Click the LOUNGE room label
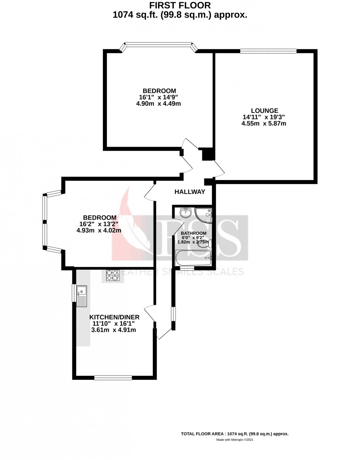click(x=264, y=111)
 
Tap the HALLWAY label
click(x=190, y=192)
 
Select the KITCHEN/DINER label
click(x=114, y=317)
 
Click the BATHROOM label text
click(x=194, y=233)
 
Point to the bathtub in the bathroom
click(x=194, y=258)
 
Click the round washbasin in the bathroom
click(x=185, y=212)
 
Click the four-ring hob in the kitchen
click(x=113, y=275)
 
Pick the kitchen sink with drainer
click(x=82, y=296)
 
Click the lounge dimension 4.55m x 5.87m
click(x=263, y=124)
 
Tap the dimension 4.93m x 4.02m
click(x=99, y=230)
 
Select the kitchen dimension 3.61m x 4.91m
click(x=114, y=330)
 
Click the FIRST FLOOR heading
click(x=180, y=6)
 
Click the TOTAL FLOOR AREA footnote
click(x=234, y=434)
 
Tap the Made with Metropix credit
click(x=234, y=440)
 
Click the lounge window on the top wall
click(x=268, y=51)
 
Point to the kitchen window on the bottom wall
click(x=113, y=377)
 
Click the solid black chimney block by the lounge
click(x=208, y=154)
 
